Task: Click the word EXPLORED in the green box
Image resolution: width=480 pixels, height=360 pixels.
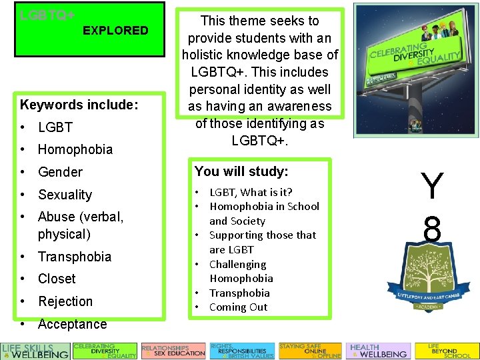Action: pos(115,30)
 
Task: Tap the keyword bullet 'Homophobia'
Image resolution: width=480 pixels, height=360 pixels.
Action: pos(75,149)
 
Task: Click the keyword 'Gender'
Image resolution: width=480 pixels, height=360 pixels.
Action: pos(60,172)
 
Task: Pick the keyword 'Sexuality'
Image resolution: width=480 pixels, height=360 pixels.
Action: pos(65,195)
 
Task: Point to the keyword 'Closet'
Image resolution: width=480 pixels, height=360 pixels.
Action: pos(57,279)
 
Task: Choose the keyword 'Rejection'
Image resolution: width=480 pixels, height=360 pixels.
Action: pos(65,301)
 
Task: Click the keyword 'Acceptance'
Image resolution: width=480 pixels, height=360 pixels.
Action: pos(72,324)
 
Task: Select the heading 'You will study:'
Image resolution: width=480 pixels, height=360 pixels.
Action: pos(241,171)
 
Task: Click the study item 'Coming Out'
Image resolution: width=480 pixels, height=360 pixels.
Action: pos(238,307)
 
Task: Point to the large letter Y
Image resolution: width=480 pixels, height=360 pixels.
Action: pos(432,187)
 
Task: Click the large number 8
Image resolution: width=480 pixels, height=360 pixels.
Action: pos(432,231)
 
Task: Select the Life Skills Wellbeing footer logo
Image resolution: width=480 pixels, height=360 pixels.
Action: pos(35,351)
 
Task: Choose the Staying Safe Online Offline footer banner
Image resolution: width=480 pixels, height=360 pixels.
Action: pos(309,351)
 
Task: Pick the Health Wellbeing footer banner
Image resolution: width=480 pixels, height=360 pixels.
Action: pos(378,351)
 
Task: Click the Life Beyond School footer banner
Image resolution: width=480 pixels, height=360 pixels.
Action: pos(445,351)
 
